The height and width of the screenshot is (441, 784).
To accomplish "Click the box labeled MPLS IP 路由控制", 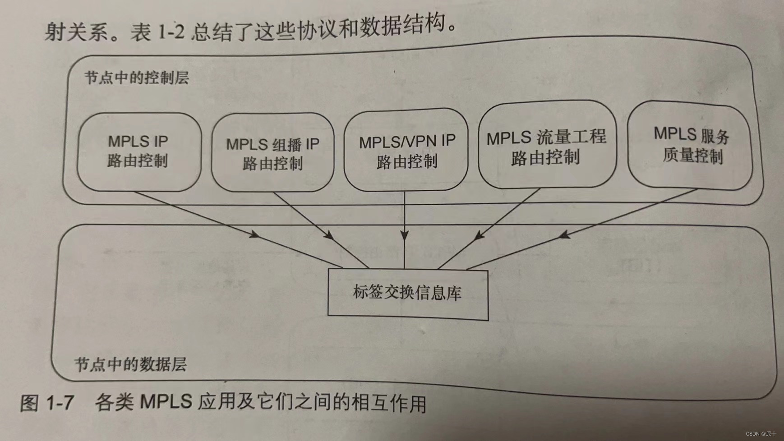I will pos(139,152).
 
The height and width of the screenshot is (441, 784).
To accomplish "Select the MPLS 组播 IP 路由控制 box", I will pos(272,153).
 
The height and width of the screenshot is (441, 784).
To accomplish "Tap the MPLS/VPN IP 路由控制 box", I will pos(406,151).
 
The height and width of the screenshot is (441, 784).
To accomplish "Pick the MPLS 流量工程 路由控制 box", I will pos(546,147).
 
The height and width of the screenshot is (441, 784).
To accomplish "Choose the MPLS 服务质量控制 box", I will pos(690,145).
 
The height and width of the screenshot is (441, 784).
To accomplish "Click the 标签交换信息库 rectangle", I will pos(407,294).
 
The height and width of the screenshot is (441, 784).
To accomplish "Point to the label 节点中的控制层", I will pos(137,78).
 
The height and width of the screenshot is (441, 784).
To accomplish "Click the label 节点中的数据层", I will pos(130,364).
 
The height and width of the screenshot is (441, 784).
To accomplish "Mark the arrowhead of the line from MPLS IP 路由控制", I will pos(255,234).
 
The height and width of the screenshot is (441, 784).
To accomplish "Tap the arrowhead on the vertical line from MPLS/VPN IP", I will pos(405,235).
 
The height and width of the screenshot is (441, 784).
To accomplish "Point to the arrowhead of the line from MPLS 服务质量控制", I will pos(563,235).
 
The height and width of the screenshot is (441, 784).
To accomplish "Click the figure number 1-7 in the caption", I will pos(60,402).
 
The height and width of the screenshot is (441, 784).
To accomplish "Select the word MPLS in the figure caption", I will pos(166,401).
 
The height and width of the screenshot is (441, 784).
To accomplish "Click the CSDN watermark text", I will pos(761,434).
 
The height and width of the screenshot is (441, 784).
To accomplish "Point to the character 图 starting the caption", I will pos(29,402).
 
